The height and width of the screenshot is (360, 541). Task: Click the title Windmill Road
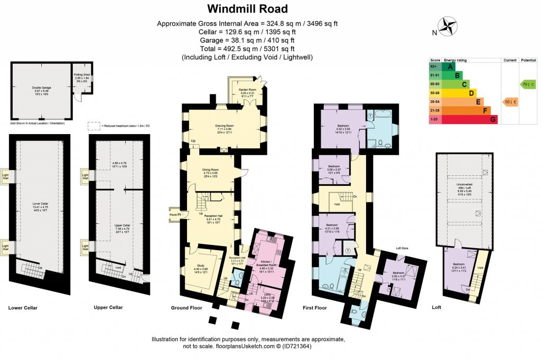[x=247, y=8]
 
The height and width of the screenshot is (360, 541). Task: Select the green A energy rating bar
[x=450, y=67]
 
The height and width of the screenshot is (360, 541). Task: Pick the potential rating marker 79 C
[x=528, y=84]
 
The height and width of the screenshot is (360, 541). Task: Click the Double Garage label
[x=41, y=88]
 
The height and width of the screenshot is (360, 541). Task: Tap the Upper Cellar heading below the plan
[x=108, y=307]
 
